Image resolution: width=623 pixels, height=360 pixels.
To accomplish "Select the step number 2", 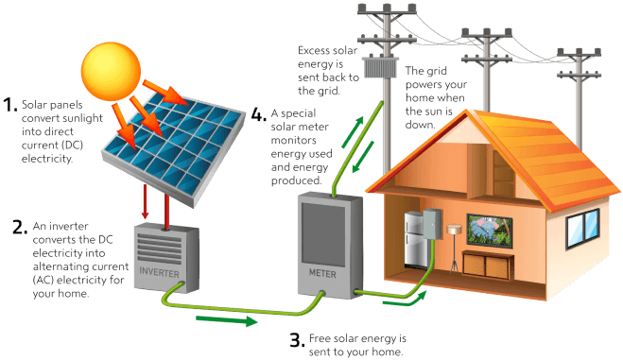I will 19,227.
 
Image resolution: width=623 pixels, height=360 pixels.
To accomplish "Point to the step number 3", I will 295,339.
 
